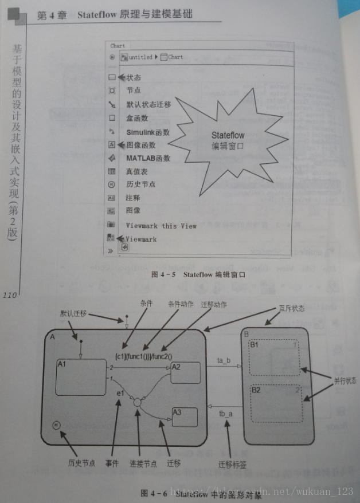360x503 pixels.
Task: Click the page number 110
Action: click(11, 296)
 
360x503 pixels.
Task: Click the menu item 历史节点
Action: click(141, 184)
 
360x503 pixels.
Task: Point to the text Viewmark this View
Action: click(161, 226)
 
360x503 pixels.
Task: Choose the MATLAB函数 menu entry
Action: click(148, 158)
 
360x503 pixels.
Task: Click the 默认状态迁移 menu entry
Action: click(148, 104)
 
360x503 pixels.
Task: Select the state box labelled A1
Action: click(80, 378)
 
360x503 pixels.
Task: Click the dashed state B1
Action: click(275, 359)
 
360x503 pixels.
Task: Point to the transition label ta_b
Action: click(224, 360)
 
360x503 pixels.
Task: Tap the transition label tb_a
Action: click(226, 413)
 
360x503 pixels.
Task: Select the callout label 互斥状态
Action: click(293, 308)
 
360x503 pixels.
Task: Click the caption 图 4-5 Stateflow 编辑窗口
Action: click(198, 276)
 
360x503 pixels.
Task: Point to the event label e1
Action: click(120, 392)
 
